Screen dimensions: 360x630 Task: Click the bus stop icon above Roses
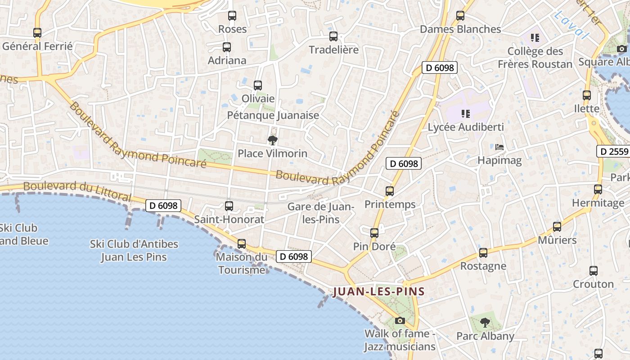click(x=232, y=16)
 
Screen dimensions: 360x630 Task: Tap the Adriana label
click(x=227, y=60)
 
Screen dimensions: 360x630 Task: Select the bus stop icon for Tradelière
click(x=333, y=36)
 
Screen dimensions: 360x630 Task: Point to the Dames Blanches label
click(x=460, y=29)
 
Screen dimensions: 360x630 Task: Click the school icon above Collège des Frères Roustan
click(x=535, y=37)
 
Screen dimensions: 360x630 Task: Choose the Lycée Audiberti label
click(x=465, y=127)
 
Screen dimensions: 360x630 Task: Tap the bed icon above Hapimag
click(x=499, y=147)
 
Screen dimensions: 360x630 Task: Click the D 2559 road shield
click(x=613, y=151)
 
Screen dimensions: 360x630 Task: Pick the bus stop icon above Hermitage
click(x=598, y=189)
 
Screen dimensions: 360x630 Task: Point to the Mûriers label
click(x=557, y=240)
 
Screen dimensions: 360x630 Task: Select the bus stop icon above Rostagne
click(x=483, y=253)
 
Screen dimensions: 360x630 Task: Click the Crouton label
click(x=593, y=284)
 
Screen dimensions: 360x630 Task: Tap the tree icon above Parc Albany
click(x=485, y=322)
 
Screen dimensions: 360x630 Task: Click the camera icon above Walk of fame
click(x=400, y=320)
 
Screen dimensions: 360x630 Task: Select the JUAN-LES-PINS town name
click(x=378, y=292)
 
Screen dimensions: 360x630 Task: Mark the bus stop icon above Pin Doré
click(x=374, y=233)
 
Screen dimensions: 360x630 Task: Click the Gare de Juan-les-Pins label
click(x=321, y=213)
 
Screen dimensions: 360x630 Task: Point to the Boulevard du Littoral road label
click(x=77, y=191)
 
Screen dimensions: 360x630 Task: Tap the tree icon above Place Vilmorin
click(x=272, y=140)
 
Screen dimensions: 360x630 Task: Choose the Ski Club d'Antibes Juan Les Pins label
click(x=134, y=251)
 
